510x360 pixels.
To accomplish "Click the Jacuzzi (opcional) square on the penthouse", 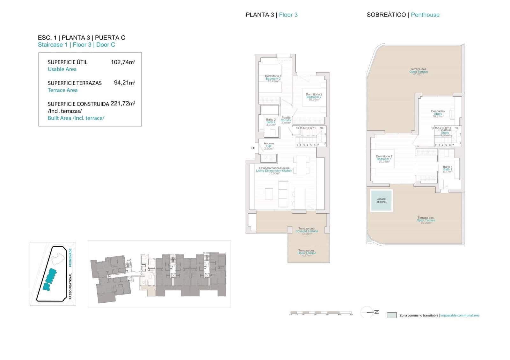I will [x=381, y=200].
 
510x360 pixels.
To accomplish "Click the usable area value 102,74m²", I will [x=123, y=62].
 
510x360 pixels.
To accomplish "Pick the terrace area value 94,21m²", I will [x=124, y=83].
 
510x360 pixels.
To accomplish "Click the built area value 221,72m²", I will [x=123, y=104].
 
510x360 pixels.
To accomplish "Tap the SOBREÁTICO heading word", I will [x=386, y=15].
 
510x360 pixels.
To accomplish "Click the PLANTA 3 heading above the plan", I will [x=259, y=15].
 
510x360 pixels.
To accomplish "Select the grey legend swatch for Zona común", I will [x=391, y=315].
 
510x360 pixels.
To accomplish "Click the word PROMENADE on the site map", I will [x=70, y=258].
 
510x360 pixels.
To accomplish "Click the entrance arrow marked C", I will [x=253, y=148].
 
